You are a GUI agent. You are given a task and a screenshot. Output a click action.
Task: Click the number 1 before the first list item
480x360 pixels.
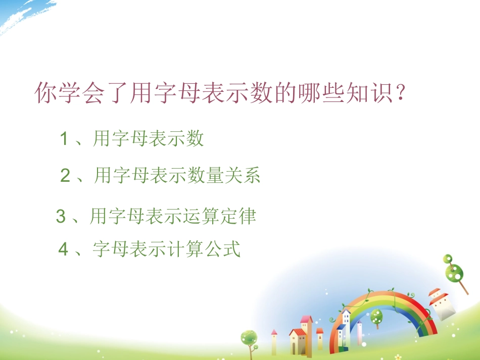click(64, 139)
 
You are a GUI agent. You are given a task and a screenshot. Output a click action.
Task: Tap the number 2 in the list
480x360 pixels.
click(65, 176)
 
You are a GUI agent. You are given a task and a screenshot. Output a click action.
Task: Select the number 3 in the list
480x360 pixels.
click(61, 217)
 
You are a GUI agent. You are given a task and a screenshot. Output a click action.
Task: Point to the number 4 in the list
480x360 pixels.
click(63, 249)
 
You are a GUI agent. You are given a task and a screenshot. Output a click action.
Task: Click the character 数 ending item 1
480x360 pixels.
click(194, 139)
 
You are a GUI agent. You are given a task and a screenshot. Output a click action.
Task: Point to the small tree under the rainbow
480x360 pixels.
click(376, 318)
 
